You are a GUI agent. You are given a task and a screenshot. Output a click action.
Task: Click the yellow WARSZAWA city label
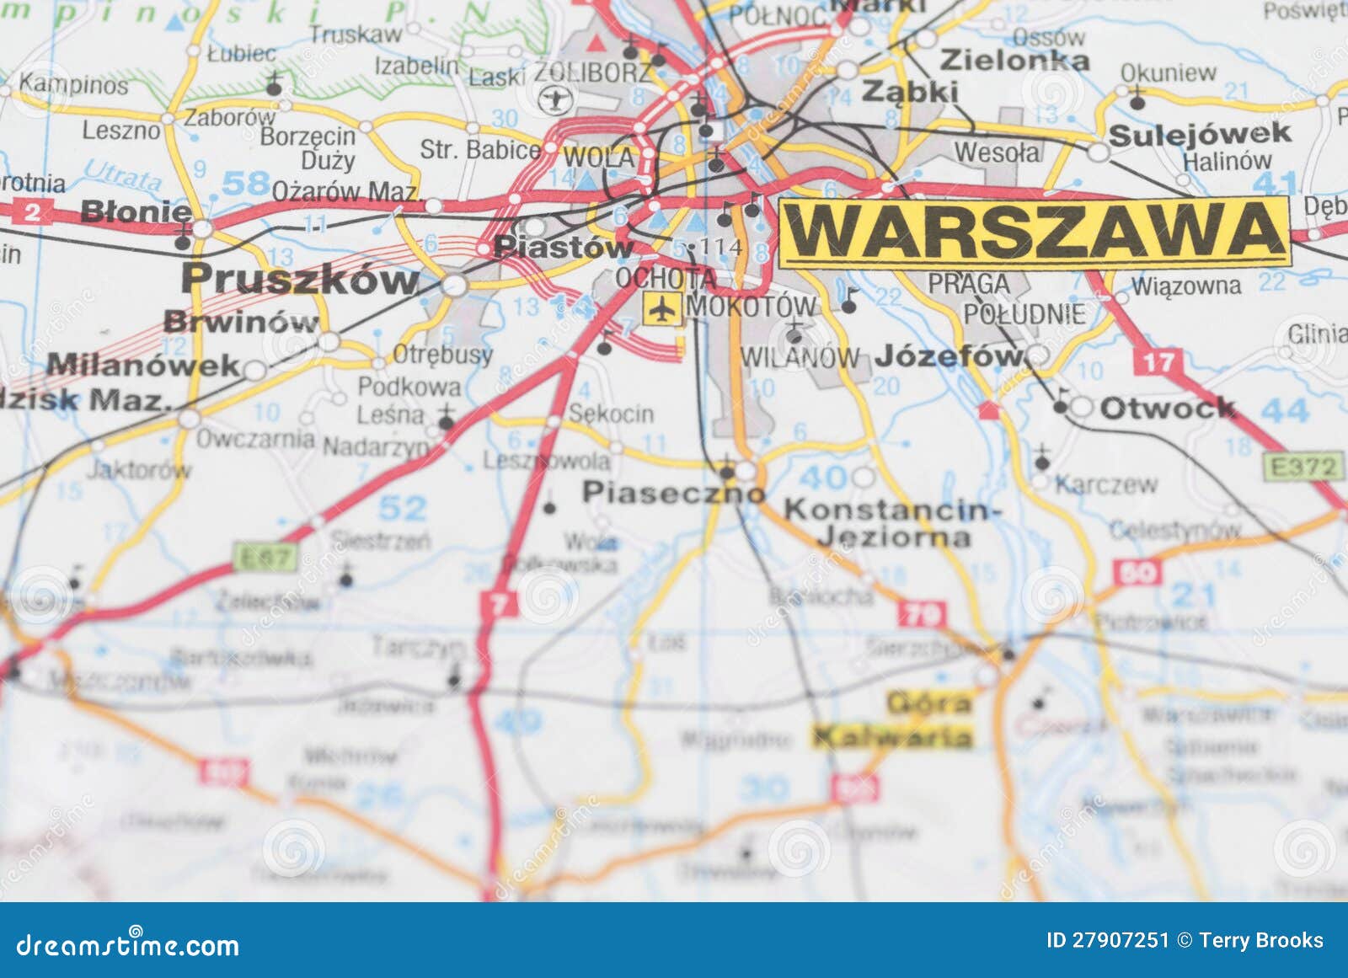(x=1034, y=232)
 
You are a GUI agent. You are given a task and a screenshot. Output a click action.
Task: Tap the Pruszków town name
(x=300, y=279)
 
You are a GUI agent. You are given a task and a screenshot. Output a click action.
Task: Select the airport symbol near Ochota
(x=663, y=309)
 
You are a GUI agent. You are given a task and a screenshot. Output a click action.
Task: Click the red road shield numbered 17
(x=1158, y=363)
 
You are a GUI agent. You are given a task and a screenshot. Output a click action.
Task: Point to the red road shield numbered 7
(x=500, y=604)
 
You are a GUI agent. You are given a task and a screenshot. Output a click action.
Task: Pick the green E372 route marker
(x=1303, y=467)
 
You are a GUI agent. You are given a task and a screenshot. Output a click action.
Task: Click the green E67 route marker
(x=265, y=557)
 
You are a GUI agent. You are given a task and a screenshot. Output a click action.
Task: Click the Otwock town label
(x=1167, y=409)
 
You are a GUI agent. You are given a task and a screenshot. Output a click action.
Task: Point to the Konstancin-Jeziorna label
(x=893, y=523)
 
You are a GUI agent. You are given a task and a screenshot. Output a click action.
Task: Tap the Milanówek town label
(x=143, y=366)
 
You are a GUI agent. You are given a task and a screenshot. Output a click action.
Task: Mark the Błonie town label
(x=136, y=211)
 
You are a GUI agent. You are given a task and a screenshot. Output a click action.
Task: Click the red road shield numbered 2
(x=32, y=211)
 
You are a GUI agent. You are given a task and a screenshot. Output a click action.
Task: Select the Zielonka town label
(x=1014, y=61)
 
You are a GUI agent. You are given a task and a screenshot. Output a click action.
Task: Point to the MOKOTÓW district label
(x=752, y=307)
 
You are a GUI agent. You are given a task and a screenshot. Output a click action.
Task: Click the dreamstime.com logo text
(x=128, y=946)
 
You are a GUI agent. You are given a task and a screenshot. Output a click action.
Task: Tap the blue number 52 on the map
(x=403, y=509)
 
